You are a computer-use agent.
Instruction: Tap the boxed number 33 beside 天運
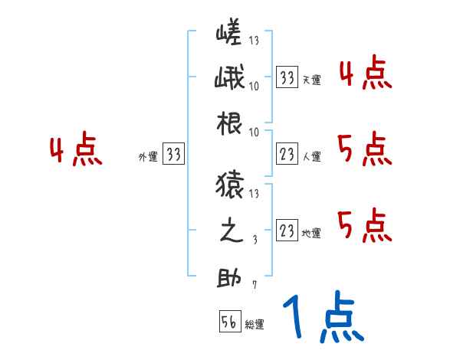(287, 77)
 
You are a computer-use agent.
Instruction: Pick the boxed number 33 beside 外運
(174, 155)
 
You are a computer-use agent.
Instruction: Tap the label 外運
(147, 157)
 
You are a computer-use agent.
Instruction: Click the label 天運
(311, 80)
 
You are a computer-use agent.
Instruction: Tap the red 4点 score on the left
(76, 150)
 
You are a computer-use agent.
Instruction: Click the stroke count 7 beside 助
(254, 286)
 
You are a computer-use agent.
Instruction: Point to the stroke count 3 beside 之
(254, 240)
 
